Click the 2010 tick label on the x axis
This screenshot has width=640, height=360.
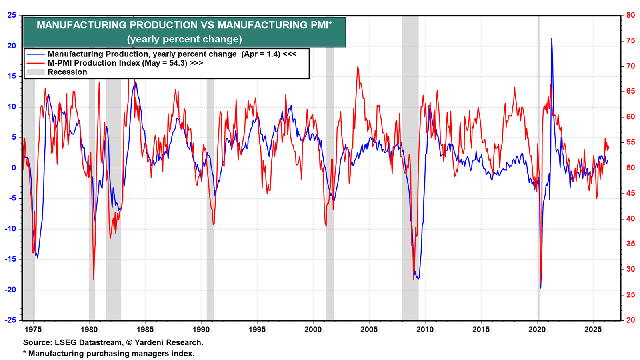point(425,330)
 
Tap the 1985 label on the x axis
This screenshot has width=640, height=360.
point(145,330)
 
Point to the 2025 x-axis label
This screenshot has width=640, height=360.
point(593,330)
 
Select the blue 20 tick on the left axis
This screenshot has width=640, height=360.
point(12,46)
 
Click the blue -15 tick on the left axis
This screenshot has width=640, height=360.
point(10,260)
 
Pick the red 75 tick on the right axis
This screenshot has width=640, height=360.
point(628,41)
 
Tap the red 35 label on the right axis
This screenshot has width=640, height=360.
point(628,244)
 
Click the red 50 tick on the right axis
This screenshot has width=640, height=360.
point(628,168)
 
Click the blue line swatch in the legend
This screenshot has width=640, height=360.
point(36,54)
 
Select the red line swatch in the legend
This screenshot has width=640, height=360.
point(36,63)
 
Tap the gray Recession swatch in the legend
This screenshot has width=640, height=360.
point(36,72)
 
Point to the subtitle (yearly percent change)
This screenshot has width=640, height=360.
point(184,39)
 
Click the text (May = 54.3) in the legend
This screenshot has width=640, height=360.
point(164,63)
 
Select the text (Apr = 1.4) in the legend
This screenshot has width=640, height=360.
point(260,54)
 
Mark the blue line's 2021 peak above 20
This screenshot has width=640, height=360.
point(552,38)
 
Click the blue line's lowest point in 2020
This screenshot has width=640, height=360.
point(540,288)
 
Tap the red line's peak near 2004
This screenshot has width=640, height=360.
point(358,67)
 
